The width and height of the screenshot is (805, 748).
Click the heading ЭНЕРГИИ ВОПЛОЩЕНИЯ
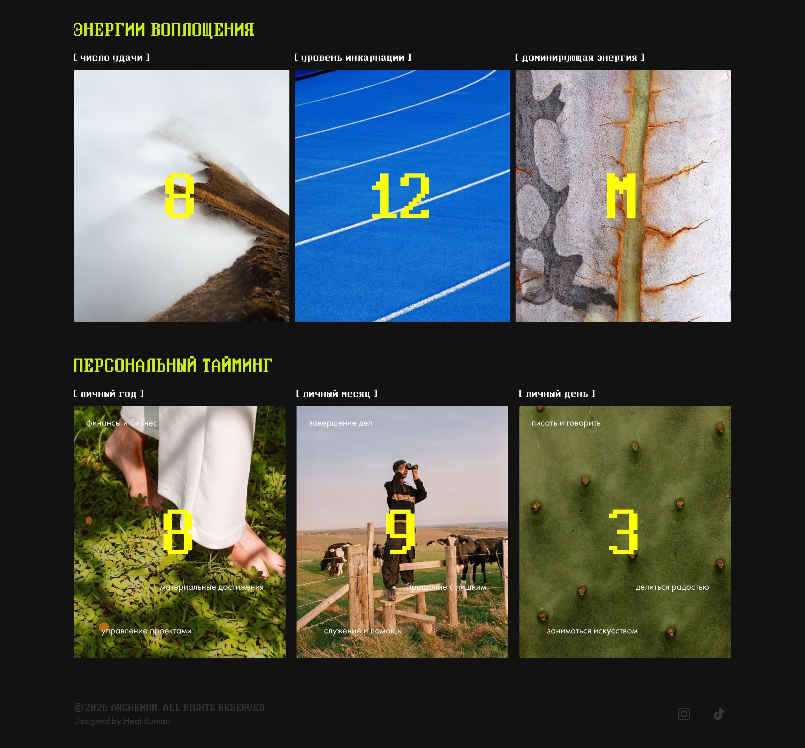coord(163,30)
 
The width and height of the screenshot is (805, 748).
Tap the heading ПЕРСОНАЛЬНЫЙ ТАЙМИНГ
coord(173,365)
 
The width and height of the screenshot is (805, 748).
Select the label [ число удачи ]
coord(111,57)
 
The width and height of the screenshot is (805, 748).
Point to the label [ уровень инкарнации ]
coord(353,57)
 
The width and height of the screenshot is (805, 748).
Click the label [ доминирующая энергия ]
coord(579,57)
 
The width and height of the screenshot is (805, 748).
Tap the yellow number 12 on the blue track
coord(401,196)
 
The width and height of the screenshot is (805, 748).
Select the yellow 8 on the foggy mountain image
coord(180,196)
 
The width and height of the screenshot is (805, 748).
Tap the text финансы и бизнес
coord(122,423)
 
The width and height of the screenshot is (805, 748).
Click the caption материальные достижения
coord(212,587)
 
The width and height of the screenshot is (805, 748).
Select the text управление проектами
coord(146,631)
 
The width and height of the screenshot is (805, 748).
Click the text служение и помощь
coord(363,631)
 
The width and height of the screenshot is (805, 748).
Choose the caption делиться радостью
coord(672,587)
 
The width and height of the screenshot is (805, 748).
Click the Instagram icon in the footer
coord(684,714)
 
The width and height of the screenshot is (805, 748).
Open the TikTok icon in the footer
coord(719,714)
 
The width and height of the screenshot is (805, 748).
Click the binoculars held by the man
coord(412,467)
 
